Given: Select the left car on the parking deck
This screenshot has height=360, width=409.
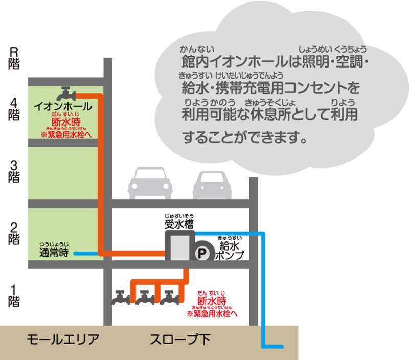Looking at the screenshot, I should (150, 183).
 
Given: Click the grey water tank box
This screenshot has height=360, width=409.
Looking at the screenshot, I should (180, 247).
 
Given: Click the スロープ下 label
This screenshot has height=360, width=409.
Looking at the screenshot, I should (180, 340).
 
